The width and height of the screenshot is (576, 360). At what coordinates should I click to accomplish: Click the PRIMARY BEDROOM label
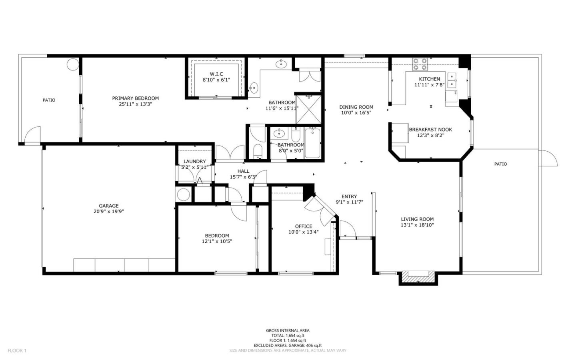coord(135,98)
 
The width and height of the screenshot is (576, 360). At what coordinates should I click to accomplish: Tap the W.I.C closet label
coord(216,74)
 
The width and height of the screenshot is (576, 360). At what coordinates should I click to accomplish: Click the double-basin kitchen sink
coord(452,80)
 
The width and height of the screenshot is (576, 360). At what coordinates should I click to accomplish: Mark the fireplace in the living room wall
coord(418,276)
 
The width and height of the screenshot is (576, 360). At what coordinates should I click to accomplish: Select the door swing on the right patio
coord(548,158)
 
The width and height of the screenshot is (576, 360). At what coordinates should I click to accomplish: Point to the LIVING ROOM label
coord(417,219)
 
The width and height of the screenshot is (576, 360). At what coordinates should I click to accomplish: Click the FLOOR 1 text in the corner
coord(17,351)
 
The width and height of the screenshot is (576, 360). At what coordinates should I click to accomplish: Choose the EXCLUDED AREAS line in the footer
coord(288,345)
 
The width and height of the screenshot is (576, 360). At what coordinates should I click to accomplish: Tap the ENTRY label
coord(349,196)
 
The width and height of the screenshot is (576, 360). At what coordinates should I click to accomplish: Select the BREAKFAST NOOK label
coord(430,130)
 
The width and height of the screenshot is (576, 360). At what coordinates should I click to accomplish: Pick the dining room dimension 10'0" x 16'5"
coord(356,113)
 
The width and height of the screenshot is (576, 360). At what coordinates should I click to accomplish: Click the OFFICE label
coord(303,226)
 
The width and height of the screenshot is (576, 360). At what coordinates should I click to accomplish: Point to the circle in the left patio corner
coord(73,64)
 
